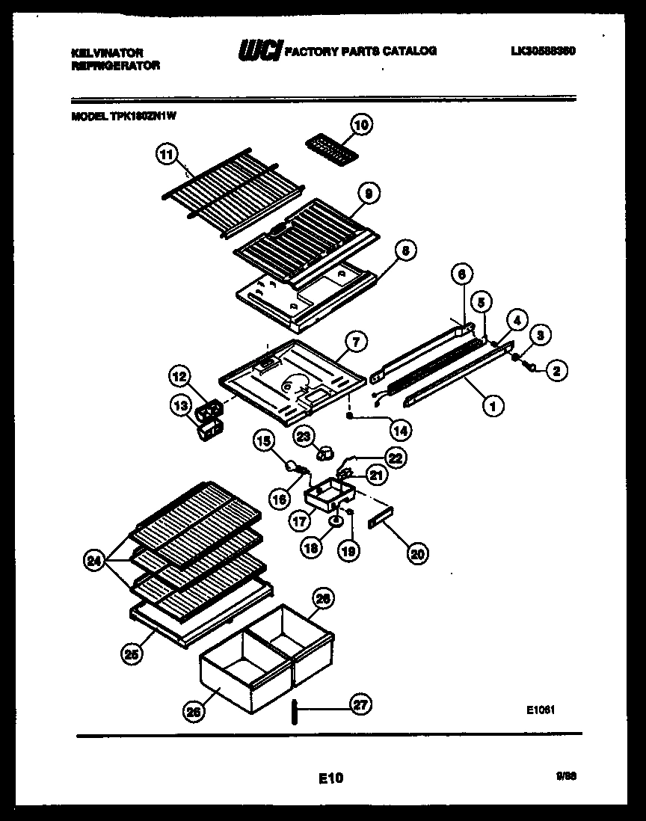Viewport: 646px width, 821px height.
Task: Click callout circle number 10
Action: coord(361,126)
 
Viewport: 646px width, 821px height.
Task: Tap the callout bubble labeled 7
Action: coord(357,342)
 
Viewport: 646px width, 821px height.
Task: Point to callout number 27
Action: coord(361,704)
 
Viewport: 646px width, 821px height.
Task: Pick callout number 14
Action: coord(401,431)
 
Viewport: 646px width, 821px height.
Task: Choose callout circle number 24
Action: coord(93,561)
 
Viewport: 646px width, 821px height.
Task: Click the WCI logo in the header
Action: coord(259,52)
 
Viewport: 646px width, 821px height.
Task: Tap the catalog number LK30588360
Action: coord(543,51)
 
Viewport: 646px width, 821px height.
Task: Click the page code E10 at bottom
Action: coord(330,778)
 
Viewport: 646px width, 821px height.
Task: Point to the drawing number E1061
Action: coord(539,711)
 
